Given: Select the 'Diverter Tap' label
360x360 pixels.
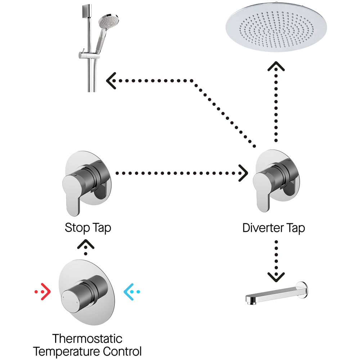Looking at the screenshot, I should coord(274,228).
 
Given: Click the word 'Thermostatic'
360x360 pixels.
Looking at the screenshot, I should coord(87,339).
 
